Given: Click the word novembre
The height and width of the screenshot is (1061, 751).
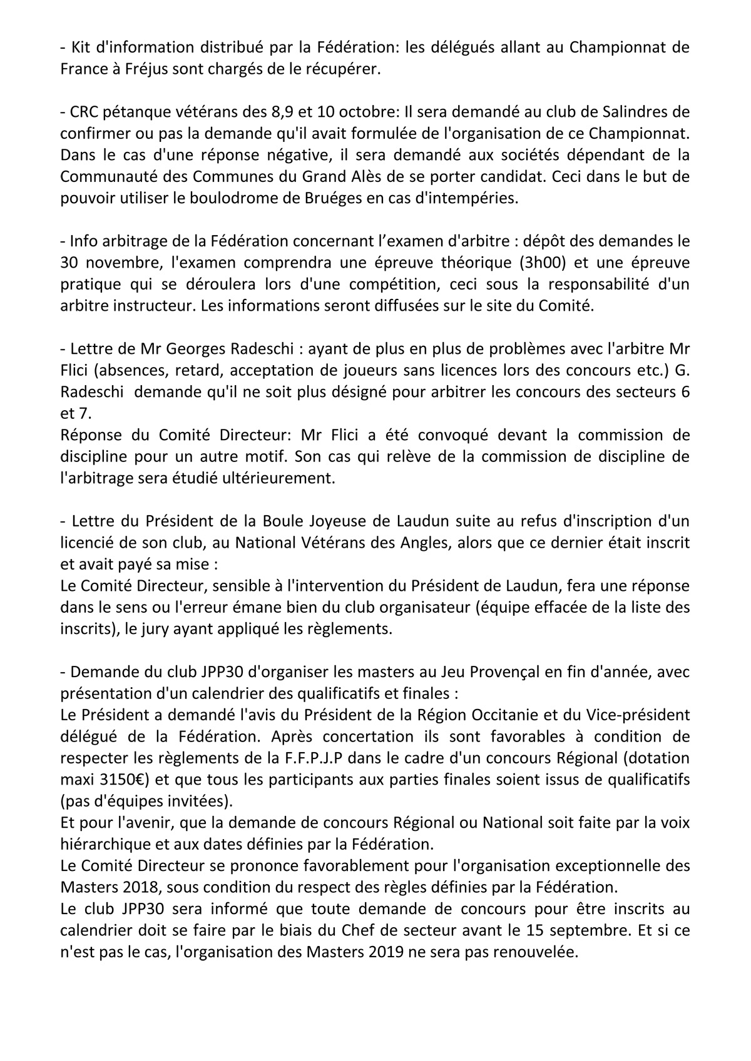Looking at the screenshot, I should (123, 262).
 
